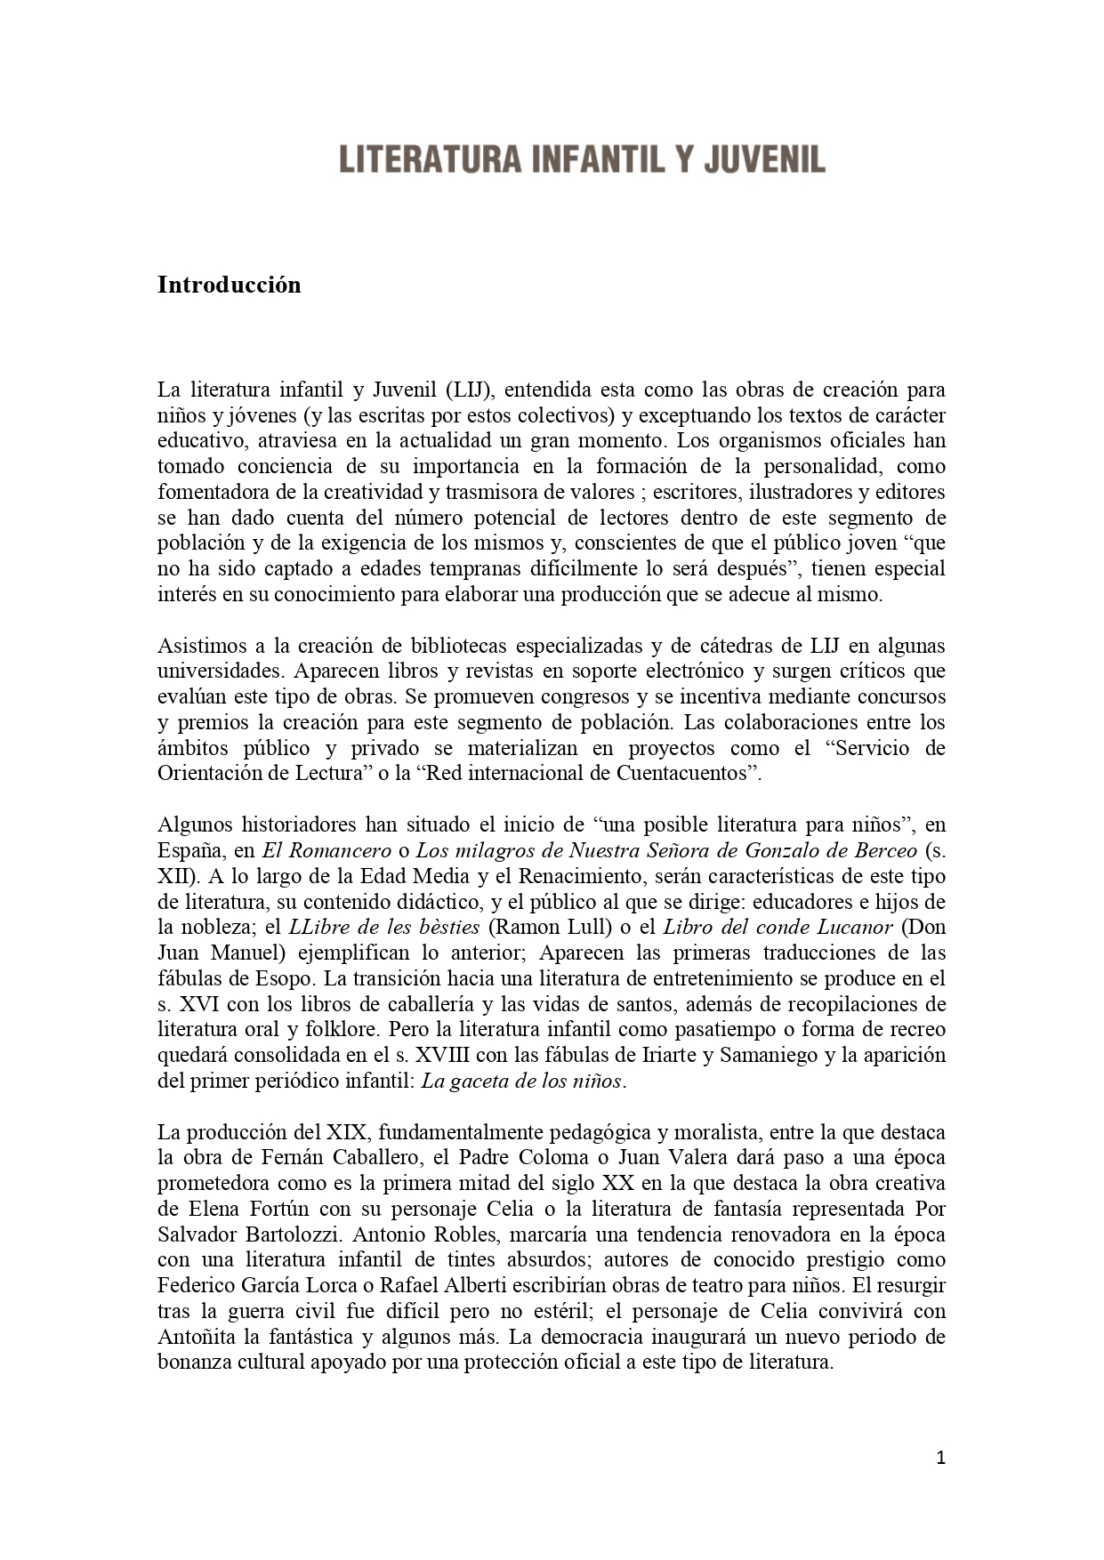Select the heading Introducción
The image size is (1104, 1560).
click(230, 285)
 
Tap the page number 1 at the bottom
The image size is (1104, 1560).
click(941, 1458)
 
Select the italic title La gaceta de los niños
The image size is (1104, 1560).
click(522, 1082)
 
